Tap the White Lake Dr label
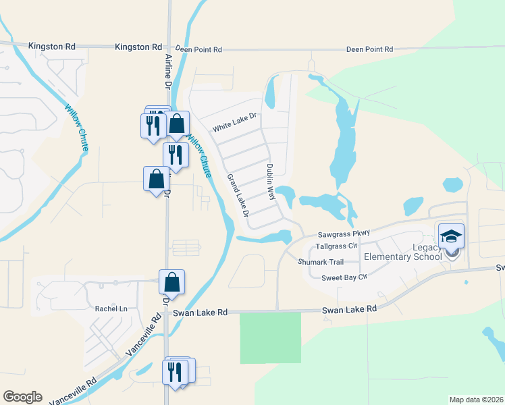pos(236,122)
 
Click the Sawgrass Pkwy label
pos(344,234)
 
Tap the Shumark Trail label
pos(322,262)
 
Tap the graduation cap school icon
pos(451,236)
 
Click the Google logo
pos(22,397)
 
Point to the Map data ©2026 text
pos(475,400)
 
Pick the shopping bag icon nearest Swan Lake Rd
pos(171,282)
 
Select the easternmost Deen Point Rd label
pos(369,49)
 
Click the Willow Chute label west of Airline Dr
pos(75,122)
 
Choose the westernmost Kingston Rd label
pos(52,46)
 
